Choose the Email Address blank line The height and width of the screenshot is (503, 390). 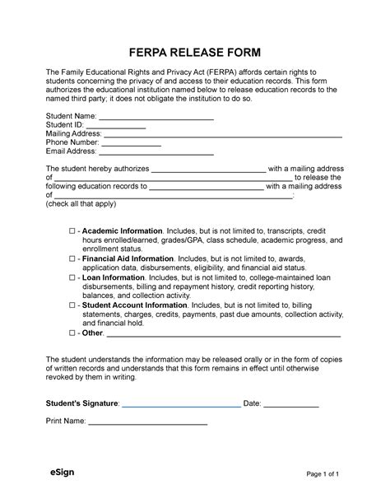[156, 152]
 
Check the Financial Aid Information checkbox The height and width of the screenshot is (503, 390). [72, 258]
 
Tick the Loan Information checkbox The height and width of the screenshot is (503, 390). [72, 278]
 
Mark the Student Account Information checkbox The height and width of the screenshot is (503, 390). [72, 305]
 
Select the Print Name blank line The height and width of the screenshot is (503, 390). [148, 423]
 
